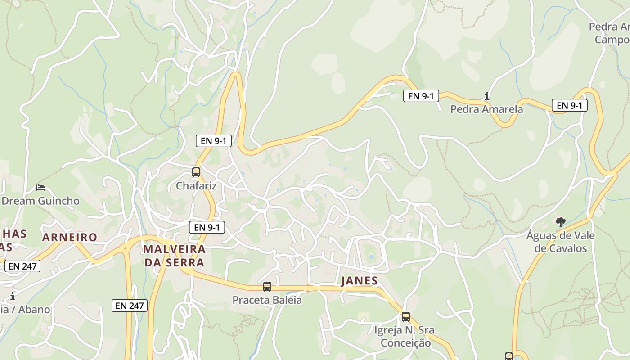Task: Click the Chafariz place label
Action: click(196, 186)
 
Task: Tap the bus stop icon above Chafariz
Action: click(196, 172)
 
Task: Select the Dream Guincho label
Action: click(40, 201)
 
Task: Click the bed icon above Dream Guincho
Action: click(40, 187)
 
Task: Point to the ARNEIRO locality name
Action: click(70, 237)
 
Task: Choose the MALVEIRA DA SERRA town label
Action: click(175, 256)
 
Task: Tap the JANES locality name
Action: click(360, 281)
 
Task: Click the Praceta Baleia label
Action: click(267, 300)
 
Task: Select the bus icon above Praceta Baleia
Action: click(267, 286)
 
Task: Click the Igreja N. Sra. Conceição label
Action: click(405, 336)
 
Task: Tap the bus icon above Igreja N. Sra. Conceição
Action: click(406, 317)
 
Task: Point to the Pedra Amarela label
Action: click(486, 109)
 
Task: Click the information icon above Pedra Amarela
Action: click(486, 96)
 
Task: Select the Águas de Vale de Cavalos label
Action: click(561, 242)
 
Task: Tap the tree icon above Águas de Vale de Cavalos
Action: click(560, 222)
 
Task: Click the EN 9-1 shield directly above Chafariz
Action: click(214, 141)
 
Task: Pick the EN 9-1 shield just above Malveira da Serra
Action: click(207, 227)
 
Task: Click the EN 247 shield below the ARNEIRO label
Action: click(22, 266)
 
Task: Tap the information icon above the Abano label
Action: click(13, 296)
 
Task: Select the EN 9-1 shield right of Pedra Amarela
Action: click(569, 105)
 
